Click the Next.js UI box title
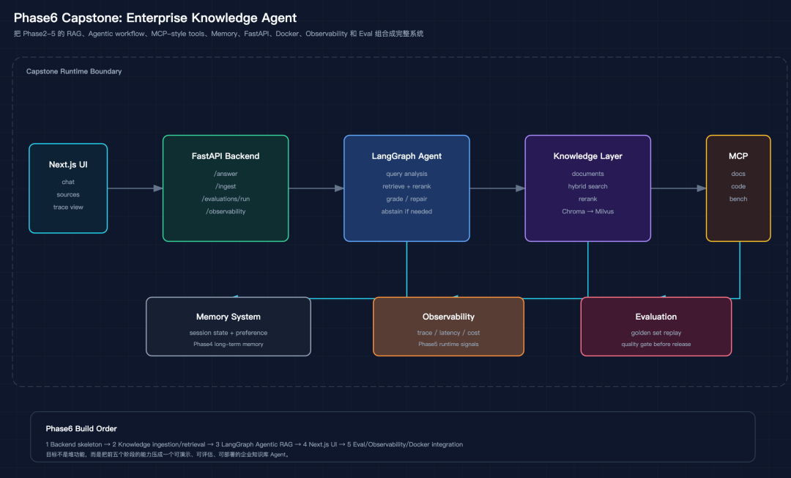coord(68,164)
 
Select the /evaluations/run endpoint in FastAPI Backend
coord(226,199)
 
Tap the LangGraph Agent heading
coord(406,156)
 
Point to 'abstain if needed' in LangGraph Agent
coord(406,211)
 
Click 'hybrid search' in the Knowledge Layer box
coord(587,186)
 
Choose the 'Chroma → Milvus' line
coord(587,211)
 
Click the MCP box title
coord(738,156)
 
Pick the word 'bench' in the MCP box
coord(738,199)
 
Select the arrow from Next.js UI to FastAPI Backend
coord(135,188)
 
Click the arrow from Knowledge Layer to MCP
coord(678,188)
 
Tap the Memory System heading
coord(229,317)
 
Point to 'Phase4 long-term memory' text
coord(229,345)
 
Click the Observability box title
coord(448,317)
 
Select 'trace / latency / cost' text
coord(448,333)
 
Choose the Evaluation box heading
coord(656,317)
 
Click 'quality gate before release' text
coord(656,345)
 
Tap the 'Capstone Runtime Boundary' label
coord(74,71)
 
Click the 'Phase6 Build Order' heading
coord(81,429)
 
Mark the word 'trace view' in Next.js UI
coord(68,207)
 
